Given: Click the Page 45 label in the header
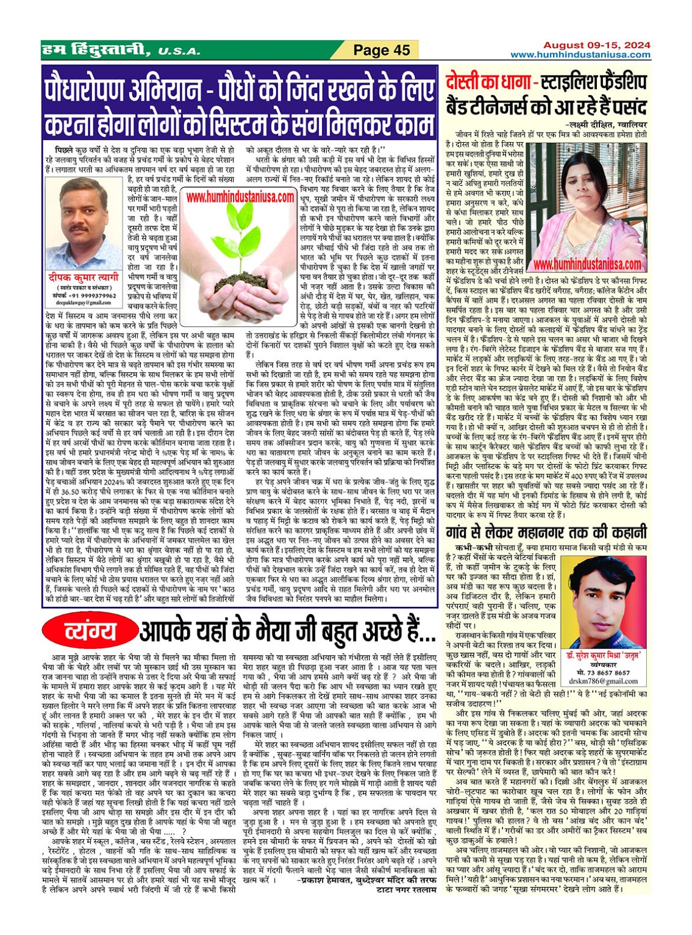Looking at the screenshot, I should pos(382,50).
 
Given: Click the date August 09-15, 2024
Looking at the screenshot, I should pos(597,45).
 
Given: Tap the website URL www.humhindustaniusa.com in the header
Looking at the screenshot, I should pos(580,55).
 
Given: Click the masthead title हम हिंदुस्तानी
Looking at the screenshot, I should pos(92,50).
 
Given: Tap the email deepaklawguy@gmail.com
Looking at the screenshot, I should pos(84,302).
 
